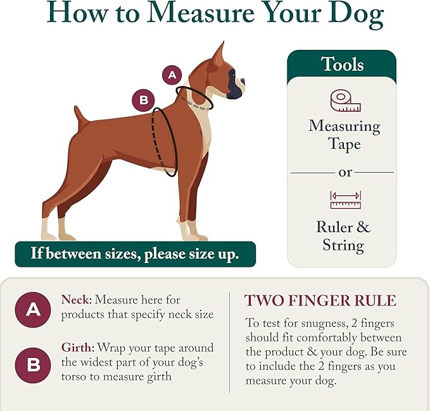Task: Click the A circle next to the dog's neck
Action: [x=172, y=75]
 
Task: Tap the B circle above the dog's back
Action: [x=143, y=100]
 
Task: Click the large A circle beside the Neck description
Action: [x=33, y=310]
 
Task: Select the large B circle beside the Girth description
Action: [x=33, y=365]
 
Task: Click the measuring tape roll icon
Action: [x=345, y=101]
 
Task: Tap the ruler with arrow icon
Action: [x=345, y=200]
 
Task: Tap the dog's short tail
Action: [x=80, y=116]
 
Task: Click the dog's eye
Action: [x=233, y=74]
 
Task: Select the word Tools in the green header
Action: [x=342, y=64]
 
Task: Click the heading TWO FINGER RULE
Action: [x=320, y=300]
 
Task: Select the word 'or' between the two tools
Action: [x=345, y=173]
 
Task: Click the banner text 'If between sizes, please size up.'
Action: [x=135, y=254]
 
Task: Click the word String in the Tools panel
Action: [x=343, y=245]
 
